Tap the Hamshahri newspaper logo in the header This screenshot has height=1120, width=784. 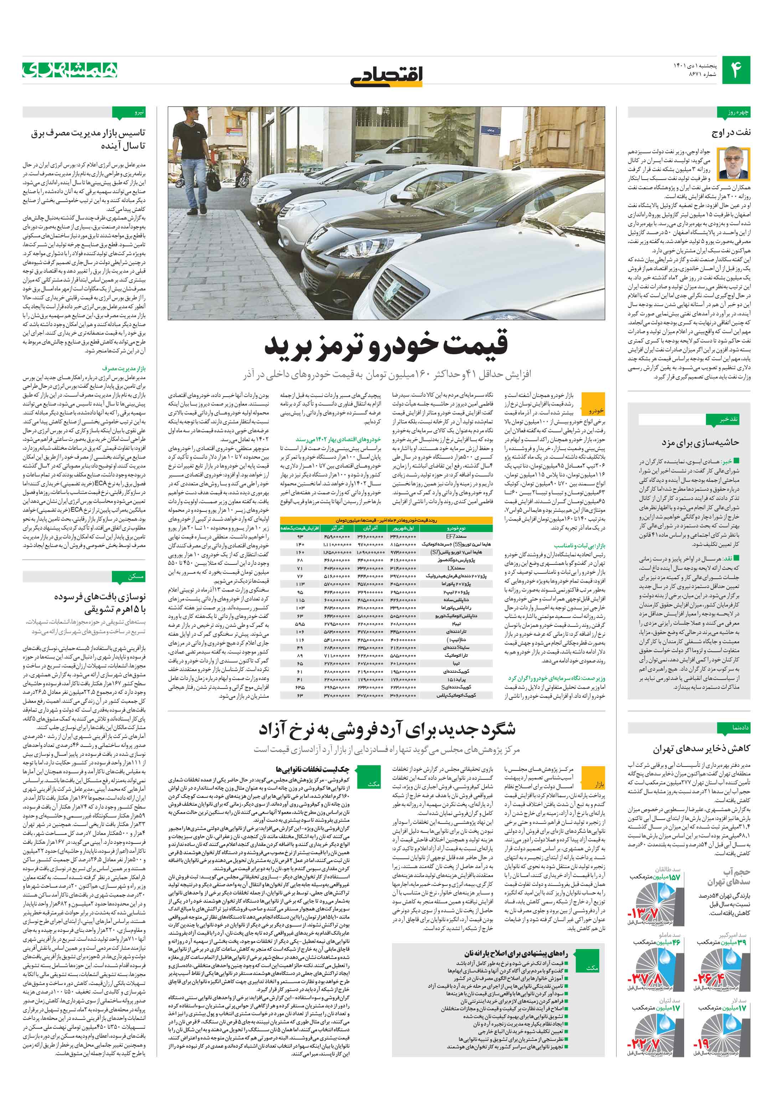[70, 70]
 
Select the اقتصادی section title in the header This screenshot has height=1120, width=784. [387, 74]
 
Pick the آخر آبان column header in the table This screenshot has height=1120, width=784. [371, 528]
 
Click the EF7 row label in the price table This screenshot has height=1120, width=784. [457, 537]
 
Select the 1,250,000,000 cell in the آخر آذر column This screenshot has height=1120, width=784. [337, 553]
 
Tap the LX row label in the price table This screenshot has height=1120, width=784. [457, 568]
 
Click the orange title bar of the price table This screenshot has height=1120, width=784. [386, 521]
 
